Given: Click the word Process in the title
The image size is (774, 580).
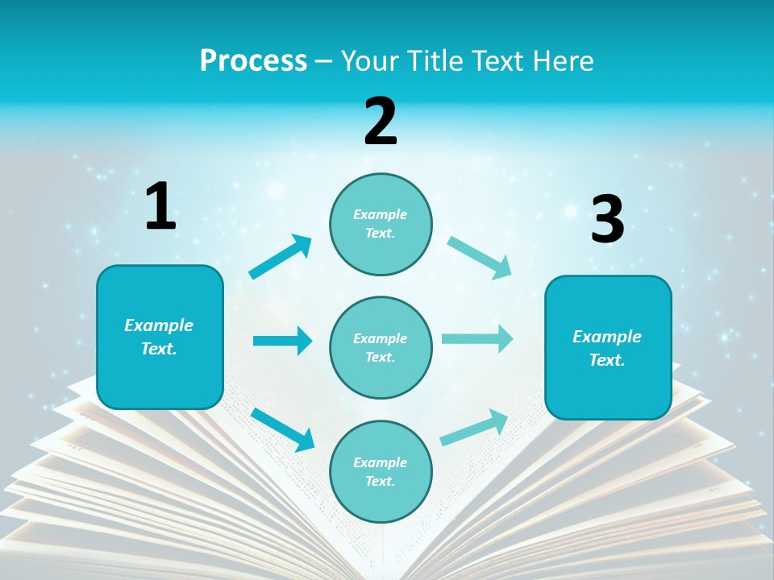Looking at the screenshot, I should tap(253, 61).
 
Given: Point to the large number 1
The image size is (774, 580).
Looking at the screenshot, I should tap(160, 207).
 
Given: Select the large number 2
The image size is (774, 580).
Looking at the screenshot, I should tap(381, 122).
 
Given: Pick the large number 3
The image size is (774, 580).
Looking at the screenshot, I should tap(607, 220).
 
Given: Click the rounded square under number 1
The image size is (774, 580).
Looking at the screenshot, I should tap(160, 337).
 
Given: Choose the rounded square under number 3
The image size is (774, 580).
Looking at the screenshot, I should tap(608, 347).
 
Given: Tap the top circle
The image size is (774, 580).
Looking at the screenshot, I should tap(381, 224).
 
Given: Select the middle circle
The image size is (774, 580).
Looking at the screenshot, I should tap(381, 347).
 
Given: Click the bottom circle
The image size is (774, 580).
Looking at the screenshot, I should tap(381, 471).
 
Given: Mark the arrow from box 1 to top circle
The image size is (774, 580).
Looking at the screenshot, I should tap(281, 257).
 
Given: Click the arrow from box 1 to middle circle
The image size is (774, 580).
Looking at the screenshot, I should tap(282, 341).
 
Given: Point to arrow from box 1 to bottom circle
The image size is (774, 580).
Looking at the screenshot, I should tap(283, 429).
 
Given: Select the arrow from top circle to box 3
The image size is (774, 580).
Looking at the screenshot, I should tap(480, 258).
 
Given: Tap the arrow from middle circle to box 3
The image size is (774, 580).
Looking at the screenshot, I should tap(477, 338).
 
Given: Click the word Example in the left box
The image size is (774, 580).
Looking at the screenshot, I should tap(159, 325).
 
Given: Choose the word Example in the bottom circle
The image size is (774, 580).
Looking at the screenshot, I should tap(381, 462).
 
